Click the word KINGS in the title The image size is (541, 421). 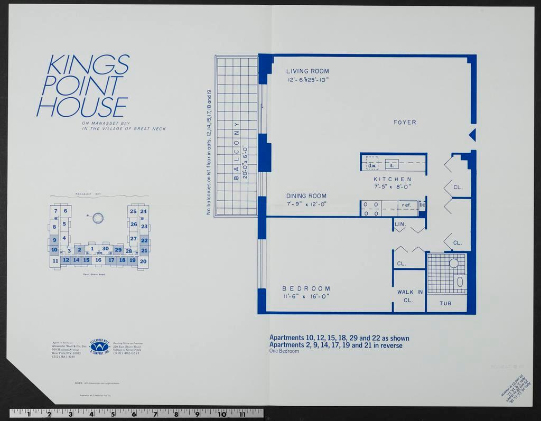click(x=88, y=64)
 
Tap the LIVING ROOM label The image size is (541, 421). click(x=307, y=71)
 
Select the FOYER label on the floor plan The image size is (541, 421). click(x=405, y=122)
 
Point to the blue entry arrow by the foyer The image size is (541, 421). click(x=472, y=135)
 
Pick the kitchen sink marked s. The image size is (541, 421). click(x=391, y=165)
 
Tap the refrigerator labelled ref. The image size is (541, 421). click(x=406, y=205)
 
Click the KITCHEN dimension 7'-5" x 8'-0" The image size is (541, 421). click(x=393, y=186)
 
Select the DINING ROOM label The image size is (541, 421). click(x=306, y=196)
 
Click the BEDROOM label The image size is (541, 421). click(x=306, y=288)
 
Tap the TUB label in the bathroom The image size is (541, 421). click(x=446, y=304)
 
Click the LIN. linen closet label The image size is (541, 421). click(x=400, y=224)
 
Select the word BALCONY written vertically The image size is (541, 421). click(x=237, y=153)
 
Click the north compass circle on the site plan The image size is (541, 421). click(x=98, y=218)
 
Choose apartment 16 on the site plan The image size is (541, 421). click(x=98, y=260)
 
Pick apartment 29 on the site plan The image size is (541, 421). click(x=118, y=250)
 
